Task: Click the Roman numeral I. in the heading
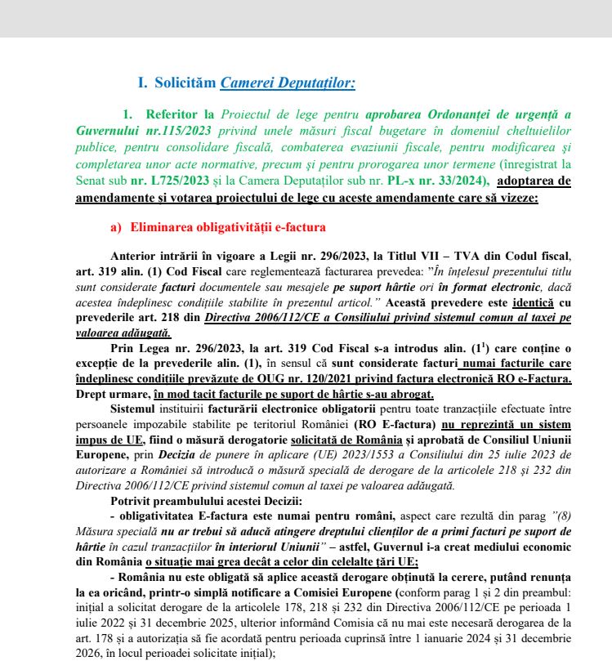pyautogui.click(x=141, y=83)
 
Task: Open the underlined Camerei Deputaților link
pyautogui.click(x=288, y=83)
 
